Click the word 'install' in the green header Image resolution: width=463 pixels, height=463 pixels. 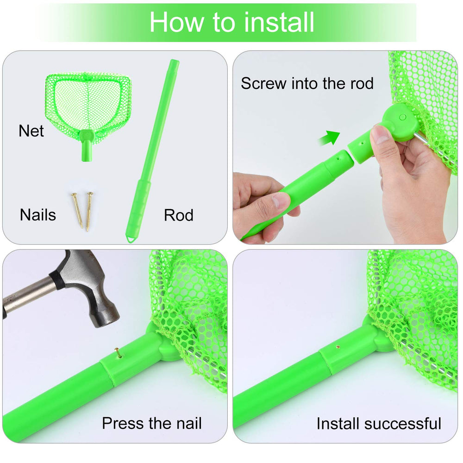click(x=279, y=22)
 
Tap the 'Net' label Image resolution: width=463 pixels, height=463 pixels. click(x=31, y=131)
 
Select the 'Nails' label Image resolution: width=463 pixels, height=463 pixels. click(x=38, y=215)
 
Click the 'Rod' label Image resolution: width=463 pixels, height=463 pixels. click(x=179, y=215)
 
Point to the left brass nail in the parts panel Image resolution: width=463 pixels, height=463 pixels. click(x=77, y=210)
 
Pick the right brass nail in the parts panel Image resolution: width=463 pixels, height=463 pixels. click(x=89, y=212)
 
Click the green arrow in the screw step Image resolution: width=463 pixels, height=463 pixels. click(x=330, y=138)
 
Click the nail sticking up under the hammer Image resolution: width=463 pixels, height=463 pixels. click(x=119, y=352)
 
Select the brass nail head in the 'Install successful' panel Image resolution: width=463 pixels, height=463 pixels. click(x=338, y=347)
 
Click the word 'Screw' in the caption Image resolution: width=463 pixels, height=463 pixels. click(x=263, y=83)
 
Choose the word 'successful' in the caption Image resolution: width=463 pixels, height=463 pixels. click(x=403, y=424)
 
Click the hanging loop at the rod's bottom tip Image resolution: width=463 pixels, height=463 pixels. click(x=130, y=238)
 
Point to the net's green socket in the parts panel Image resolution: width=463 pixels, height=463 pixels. click(x=87, y=145)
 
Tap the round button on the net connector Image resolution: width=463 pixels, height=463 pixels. click(x=402, y=118)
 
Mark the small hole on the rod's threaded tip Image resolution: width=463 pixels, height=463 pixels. click(x=338, y=158)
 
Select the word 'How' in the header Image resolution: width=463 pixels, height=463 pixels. click(x=176, y=22)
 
